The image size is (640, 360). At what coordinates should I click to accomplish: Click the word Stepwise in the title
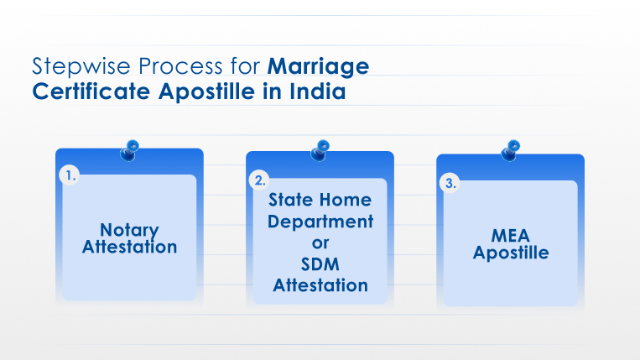[x=81, y=66]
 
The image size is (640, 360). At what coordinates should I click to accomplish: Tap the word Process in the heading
[x=181, y=66]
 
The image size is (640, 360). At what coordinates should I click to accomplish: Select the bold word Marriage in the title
[x=319, y=67]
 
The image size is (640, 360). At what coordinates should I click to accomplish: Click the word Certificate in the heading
[x=91, y=91]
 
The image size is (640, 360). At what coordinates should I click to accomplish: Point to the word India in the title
[x=318, y=91]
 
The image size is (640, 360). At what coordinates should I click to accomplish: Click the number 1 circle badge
[x=70, y=175]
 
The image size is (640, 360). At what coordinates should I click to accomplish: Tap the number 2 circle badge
[x=259, y=180]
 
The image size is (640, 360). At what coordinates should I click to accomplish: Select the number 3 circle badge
[x=450, y=183]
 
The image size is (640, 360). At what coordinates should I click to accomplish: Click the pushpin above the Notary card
[x=129, y=150]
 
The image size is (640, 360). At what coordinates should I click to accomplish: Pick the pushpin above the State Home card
[x=320, y=150]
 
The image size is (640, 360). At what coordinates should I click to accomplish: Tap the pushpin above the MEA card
[x=511, y=150]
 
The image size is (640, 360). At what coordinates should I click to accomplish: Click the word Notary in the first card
[x=129, y=230]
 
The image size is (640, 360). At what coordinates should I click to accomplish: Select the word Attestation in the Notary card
[x=129, y=247]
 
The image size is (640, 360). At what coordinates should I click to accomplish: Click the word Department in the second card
[x=320, y=222]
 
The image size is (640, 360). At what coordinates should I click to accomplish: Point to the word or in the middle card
[x=320, y=243]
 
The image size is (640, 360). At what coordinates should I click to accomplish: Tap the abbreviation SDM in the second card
[x=320, y=264]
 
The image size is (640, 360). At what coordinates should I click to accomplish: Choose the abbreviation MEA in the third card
[x=511, y=236]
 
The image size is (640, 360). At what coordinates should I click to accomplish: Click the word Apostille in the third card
[x=511, y=253]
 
